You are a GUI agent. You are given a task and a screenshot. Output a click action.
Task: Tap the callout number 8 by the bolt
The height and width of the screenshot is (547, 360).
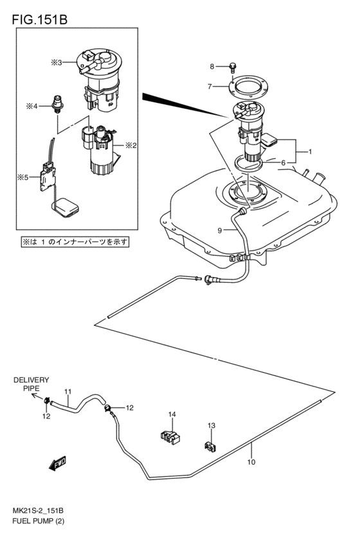(210, 66)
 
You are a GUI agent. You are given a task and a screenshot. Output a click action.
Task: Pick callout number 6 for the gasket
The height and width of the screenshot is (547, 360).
(282, 163)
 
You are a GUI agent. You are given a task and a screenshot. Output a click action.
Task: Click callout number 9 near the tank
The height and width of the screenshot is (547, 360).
(219, 230)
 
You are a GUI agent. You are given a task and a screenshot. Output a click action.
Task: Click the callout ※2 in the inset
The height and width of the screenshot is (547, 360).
(131, 145)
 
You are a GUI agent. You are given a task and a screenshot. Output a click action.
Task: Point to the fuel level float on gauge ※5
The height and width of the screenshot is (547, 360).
(66, 206)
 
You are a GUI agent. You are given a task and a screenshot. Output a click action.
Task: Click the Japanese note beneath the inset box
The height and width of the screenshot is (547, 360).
(75, 242)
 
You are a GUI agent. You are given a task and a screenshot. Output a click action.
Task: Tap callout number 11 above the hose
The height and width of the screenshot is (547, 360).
(67, 391)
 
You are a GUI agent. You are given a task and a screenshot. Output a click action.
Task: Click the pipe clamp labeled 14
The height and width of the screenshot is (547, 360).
(170, 435)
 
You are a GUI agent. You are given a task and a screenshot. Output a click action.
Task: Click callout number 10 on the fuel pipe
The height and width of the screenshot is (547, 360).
(251, 462)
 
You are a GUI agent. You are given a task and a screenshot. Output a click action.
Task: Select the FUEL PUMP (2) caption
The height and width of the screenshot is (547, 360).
(38, 519)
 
